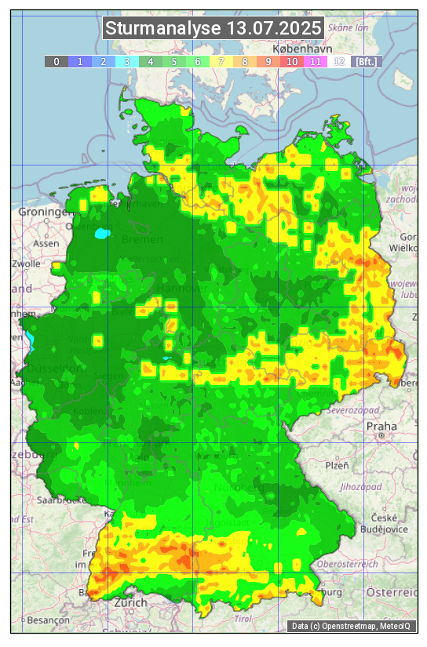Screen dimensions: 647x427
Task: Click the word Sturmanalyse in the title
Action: pos(163,29)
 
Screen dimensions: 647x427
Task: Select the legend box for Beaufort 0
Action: pos(56,61)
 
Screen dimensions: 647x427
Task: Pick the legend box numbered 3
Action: pos(126,61)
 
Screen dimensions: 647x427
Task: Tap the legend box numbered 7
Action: pos(221,61)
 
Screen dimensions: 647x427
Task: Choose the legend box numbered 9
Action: pos(268,61)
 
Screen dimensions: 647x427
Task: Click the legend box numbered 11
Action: pos(316,61)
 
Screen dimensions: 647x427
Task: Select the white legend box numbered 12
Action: pos(339,61)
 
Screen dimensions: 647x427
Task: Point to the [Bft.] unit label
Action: pos(366,61)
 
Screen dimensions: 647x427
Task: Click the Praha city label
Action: pos(381,427)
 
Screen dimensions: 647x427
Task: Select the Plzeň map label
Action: pos(337,465)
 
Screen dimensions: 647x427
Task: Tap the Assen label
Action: pos(46,243)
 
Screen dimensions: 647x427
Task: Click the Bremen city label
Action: pos(142,239)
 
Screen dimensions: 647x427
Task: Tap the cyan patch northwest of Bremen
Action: pos(102,233)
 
